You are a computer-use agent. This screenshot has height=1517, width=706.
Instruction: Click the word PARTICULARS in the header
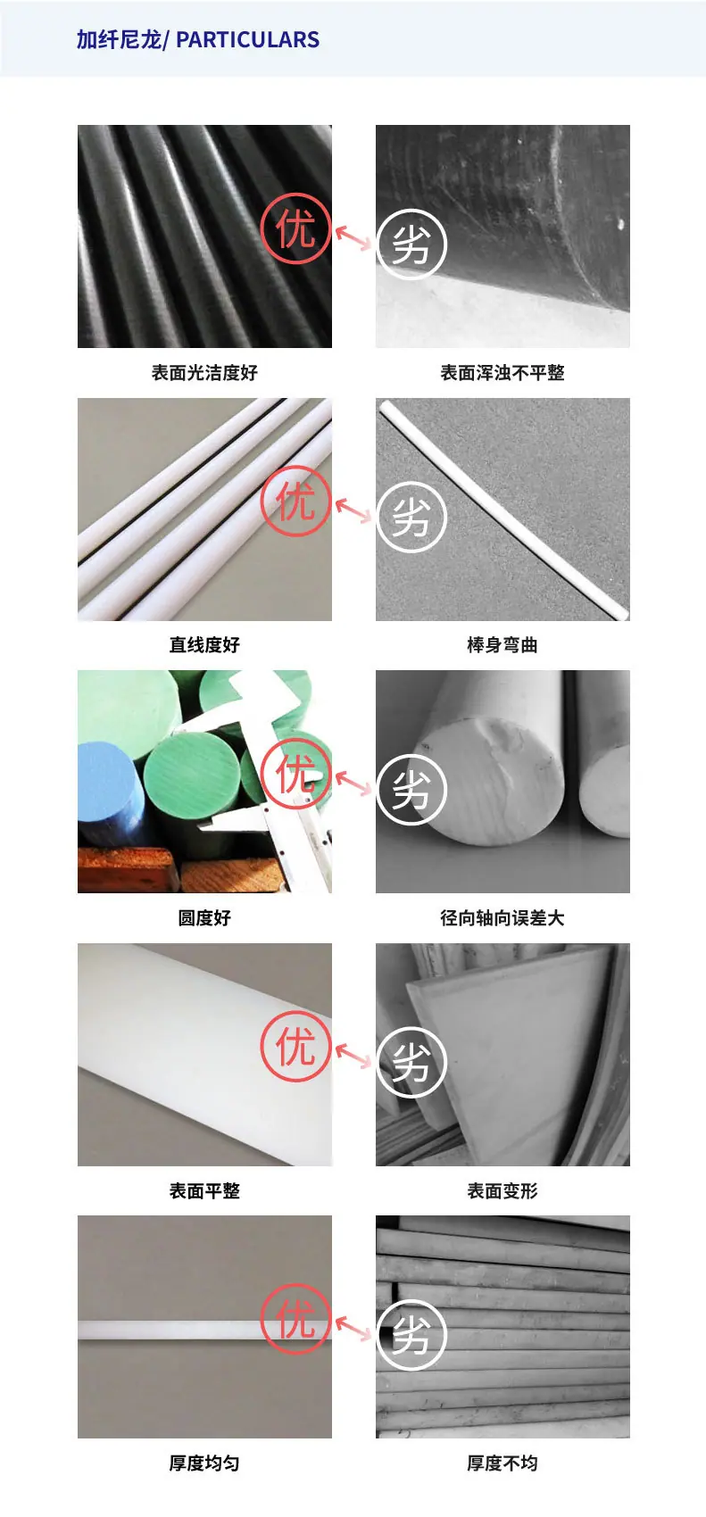click(x=247, y=40)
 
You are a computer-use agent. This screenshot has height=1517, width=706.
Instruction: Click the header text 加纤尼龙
click(x=119, y=40)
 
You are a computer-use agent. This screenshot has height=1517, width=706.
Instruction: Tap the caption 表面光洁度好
click(x=204, y=372)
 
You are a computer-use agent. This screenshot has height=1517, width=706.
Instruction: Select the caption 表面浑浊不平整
click(x=503, y=372)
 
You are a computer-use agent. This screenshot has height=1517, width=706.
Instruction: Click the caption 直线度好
click(x=204, y=644)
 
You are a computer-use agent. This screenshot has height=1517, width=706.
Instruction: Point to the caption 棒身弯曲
click(x=503, y=644)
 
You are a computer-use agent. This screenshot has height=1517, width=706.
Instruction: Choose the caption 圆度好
click(x=204, y=917)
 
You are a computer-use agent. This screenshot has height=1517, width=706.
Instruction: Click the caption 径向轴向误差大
click(x=503, y=917)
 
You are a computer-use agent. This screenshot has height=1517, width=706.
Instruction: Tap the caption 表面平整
click(x=204, y=1190)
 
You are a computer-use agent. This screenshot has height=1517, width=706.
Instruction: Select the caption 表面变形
click(x=503, y=1190)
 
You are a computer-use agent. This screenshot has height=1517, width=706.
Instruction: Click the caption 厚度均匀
click(x=204, y=1463)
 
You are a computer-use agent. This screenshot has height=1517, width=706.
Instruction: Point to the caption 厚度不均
click(x=503, y=1463)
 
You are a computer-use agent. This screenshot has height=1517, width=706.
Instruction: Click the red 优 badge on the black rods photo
click(x=295, y=229)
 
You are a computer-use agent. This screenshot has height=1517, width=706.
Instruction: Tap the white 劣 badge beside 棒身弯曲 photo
click(x=411, y=517)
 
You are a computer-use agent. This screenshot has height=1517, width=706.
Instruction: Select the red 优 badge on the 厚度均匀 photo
click(x=295, y=1319)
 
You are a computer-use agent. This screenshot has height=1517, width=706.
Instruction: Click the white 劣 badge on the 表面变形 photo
click(x=411, y=1062)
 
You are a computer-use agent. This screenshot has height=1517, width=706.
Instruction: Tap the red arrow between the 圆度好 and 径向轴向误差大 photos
click(x=353, y=783)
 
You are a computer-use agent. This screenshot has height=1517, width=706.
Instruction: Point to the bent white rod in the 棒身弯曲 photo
click(x=503, y=510)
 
